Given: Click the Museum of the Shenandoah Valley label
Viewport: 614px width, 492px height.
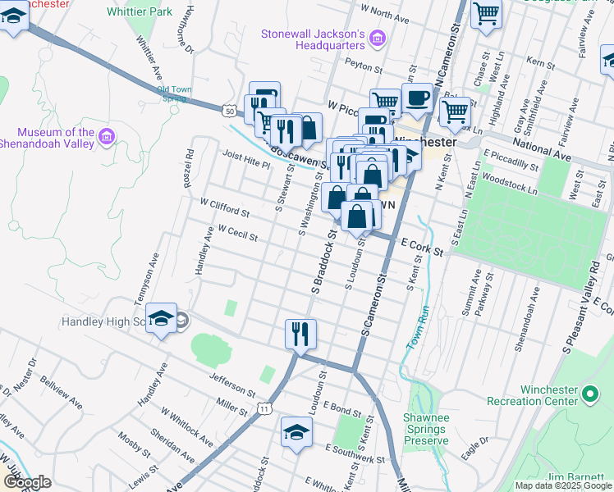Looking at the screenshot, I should point(56,139).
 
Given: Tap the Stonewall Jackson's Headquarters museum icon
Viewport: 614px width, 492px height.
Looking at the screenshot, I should point(377,38).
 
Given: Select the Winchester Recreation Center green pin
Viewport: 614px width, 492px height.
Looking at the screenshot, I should point(589,395).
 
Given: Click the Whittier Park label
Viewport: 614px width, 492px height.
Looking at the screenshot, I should point(140,11).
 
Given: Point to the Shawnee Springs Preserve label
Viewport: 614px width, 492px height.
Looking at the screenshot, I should point(424,429).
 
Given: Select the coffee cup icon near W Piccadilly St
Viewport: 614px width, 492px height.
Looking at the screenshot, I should point(417,98).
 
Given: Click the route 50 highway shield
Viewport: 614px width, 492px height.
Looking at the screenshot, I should point(229,109).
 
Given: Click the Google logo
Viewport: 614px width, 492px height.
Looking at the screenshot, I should point(26,482).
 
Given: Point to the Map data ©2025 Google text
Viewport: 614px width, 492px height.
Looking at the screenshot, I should point(562,485).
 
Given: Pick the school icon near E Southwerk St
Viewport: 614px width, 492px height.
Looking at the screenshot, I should point(296,433).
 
